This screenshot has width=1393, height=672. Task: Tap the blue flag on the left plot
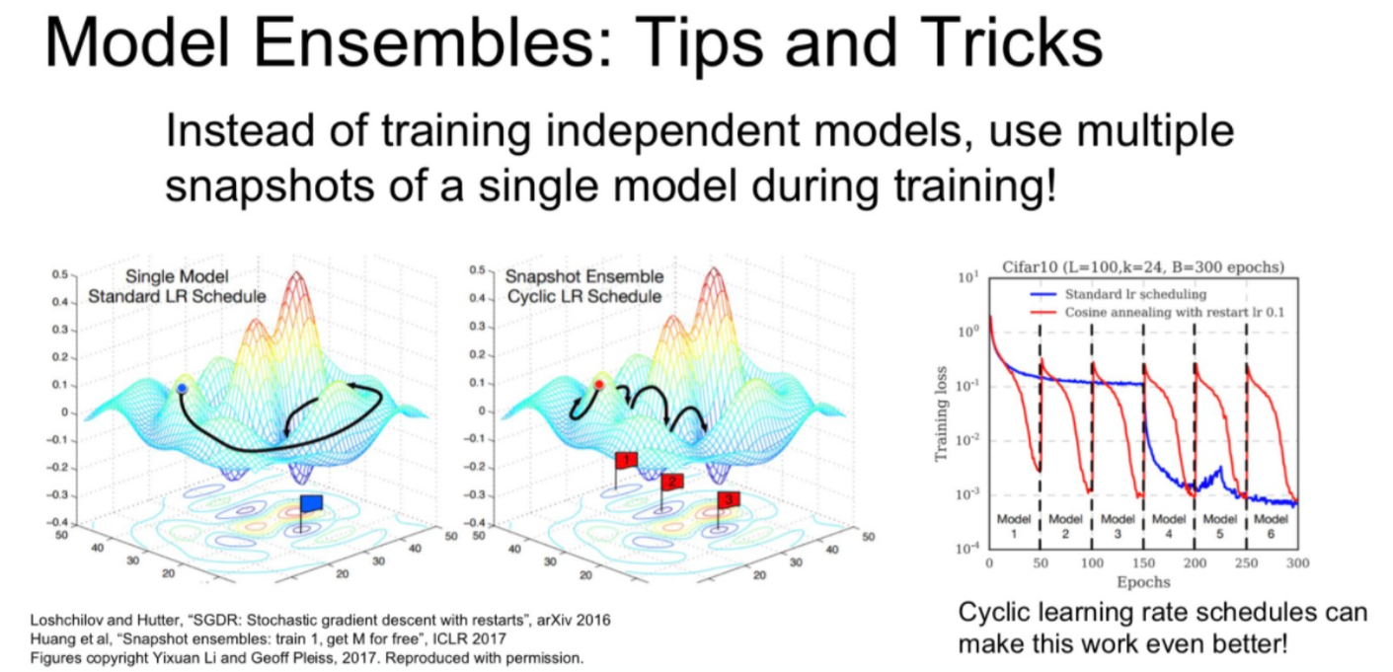(311, 503)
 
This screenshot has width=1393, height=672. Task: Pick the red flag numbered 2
(673, 482)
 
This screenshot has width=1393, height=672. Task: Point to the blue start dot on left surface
(182, 390)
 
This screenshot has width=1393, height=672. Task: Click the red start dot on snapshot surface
(599, 384)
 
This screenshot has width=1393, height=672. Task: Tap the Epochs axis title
(1142, 582)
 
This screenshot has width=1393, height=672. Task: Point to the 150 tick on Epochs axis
(1142, 561)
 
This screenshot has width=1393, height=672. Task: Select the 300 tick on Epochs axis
(1296, 561)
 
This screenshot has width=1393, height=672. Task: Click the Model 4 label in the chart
(1168, 525)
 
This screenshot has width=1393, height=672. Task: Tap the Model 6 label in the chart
(1271, 525)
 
